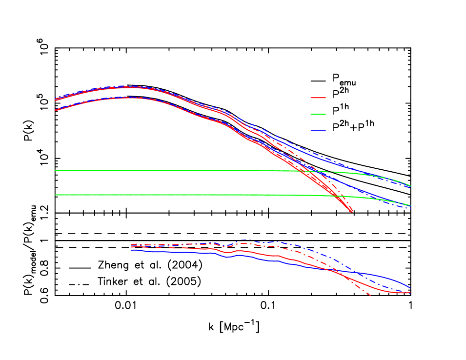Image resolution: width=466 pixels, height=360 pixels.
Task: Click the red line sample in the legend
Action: pyautogui.click(x=318, y=98)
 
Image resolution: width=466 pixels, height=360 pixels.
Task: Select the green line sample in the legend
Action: pyautogui.click(x=318, y=114)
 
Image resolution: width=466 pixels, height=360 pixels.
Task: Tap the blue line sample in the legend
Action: pyautogui.click(x=318, y=131)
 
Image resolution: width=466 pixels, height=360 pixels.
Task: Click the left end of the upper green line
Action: pyautogui.click(x=56, y=170)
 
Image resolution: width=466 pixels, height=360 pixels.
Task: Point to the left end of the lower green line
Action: pyautogui.click(x=56, y=195)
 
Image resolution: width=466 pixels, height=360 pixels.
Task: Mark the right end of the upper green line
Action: pyautogui.click(x=410, y=186)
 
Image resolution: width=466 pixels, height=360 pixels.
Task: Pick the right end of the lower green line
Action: pyautogui.click(x=410, y=205)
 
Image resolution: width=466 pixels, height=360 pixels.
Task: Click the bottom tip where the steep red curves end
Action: pyautogui.click(x=352, y=212)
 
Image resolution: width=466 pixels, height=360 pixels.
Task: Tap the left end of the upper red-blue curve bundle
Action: pyautogui.click(x=56, y=100)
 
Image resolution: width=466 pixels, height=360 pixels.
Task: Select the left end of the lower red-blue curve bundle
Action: pyautogui.click(x=56, y=110)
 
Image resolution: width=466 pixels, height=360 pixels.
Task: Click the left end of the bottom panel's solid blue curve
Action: pyautogui.click(x=132, y=250)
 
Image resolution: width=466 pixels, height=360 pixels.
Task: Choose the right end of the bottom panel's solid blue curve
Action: pyautogui.click(x=410, y=288)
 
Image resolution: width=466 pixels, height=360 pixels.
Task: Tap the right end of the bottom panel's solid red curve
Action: pyautogui.click(x=410, y=293)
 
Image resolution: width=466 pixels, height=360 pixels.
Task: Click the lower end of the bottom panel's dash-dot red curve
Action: pyautogui.click(x=370, y=296)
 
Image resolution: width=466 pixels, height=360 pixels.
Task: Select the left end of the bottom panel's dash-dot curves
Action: pyautogui.click(x=132, y=244)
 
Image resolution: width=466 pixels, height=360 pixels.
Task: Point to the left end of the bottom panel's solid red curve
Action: pyautogui.click(x=132, y=247)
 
